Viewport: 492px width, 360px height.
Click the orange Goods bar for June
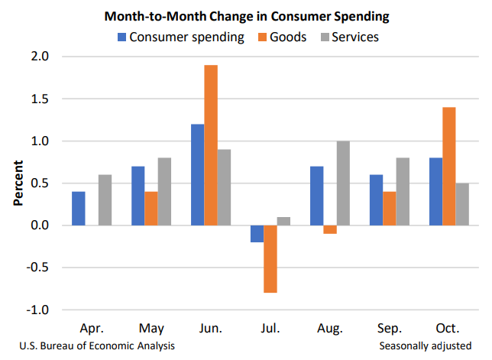210,145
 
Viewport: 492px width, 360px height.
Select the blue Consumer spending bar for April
79,208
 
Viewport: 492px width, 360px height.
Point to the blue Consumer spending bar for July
257,234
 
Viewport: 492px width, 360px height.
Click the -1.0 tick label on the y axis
39,310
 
